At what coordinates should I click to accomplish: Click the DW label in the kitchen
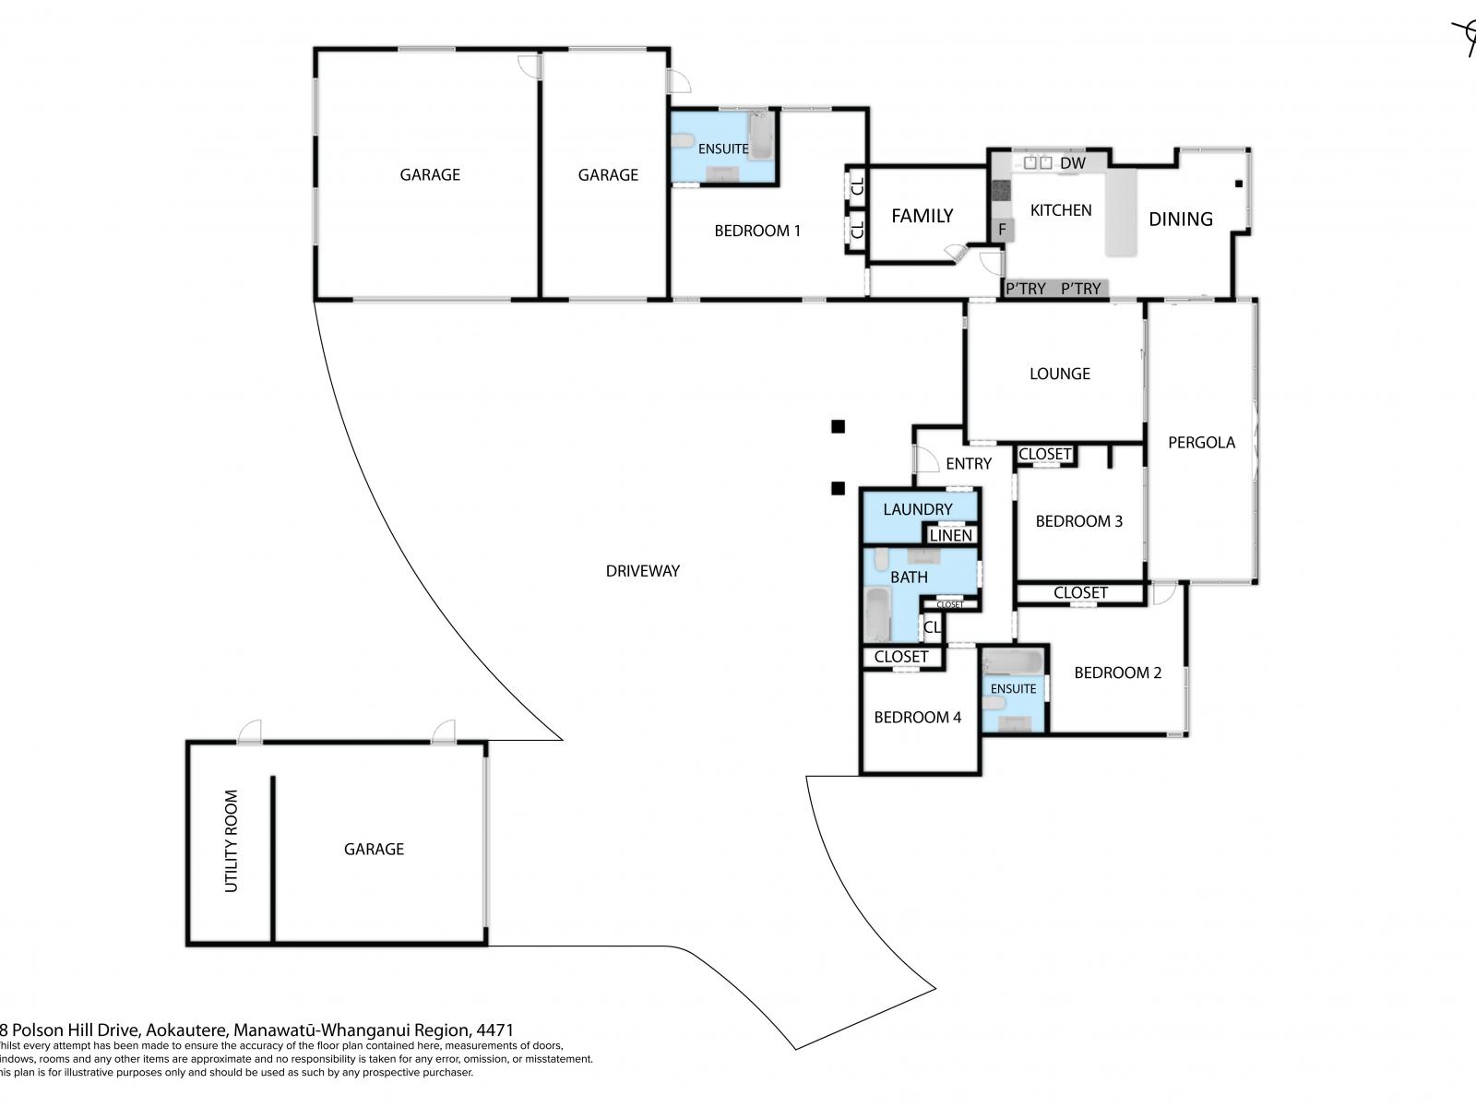[1072, 163]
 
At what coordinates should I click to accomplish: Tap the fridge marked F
[1002, 229]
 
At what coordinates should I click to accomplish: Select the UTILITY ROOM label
[232, 840]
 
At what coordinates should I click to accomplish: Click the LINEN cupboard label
[950, 535]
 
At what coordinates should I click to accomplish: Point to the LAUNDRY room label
[917, 509]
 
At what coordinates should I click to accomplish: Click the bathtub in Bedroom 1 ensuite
[761, 135]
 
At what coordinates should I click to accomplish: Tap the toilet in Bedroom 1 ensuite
[683, 141]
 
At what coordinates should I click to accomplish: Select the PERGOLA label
[1201, 443]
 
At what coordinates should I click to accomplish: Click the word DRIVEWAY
[642, 571]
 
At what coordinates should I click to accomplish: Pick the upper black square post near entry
[838, 426]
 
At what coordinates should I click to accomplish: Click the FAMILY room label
[922, 216]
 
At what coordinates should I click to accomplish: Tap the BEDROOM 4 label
[917, 718]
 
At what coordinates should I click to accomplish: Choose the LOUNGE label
[1059, 374]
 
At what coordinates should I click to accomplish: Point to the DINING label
[1180, 220]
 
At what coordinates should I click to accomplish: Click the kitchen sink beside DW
[1038, 162]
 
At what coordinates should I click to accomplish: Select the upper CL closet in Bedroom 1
[857, 186]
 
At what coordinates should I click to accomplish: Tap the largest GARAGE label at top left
[429, 174]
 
